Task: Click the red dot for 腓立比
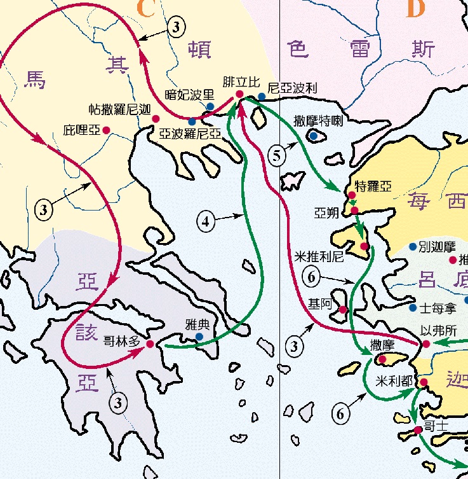(239, 94)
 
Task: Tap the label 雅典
(198, 323)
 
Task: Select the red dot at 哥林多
(150, 344)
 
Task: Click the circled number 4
(205, 221)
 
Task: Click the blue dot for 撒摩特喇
(313, 135)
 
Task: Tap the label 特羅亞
(373, 186)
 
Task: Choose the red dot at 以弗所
(426, 344)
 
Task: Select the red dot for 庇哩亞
(107, 130)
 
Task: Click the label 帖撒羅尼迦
(119, 109)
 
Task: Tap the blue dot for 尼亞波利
(262, 97)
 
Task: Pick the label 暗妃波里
(189, 94)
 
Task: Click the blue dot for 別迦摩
(413, 246)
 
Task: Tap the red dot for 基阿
(343, 310)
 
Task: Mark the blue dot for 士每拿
(413, 307)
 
